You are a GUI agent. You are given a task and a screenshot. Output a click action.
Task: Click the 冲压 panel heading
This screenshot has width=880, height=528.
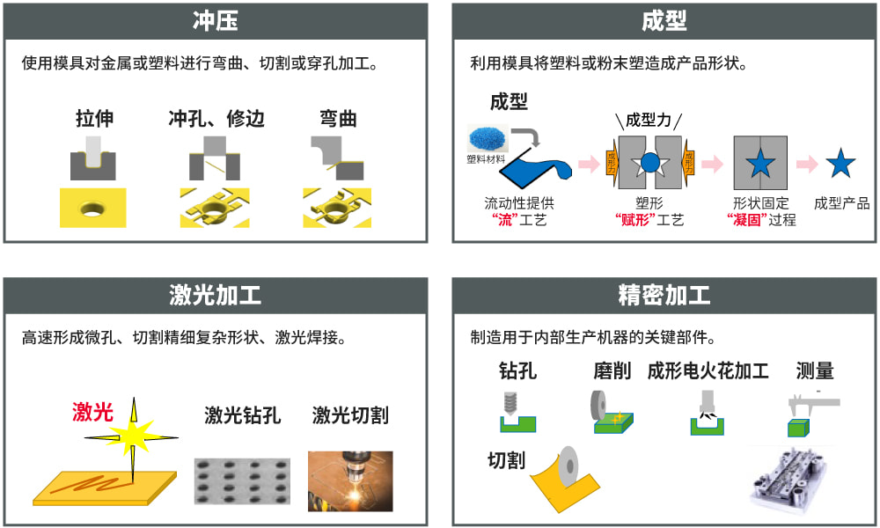(216, 20)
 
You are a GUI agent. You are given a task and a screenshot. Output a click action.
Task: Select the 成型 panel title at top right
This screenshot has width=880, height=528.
(664, 20)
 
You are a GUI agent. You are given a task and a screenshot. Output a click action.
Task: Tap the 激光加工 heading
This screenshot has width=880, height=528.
(216, 295)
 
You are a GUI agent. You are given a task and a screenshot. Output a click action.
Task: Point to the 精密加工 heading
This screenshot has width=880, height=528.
(664, 295)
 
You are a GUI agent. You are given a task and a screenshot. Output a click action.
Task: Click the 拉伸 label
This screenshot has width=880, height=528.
(94, 119)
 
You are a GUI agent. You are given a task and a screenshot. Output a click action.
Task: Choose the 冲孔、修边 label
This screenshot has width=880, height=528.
(216, 119)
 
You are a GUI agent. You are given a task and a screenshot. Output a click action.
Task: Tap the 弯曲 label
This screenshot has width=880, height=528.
(337, 119)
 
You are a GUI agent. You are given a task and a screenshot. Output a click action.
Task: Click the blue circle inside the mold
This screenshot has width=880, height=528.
(649, 162)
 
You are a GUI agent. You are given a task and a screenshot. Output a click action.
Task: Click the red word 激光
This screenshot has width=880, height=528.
(92, 411)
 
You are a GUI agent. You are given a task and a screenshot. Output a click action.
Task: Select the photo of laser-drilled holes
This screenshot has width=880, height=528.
(242, 480)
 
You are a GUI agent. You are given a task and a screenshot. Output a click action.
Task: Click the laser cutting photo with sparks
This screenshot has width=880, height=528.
(350, 480)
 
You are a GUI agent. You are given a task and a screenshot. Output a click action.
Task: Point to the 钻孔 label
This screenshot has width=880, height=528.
(517, 371)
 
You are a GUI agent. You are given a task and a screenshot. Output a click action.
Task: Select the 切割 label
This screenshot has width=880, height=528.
(506, 460)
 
